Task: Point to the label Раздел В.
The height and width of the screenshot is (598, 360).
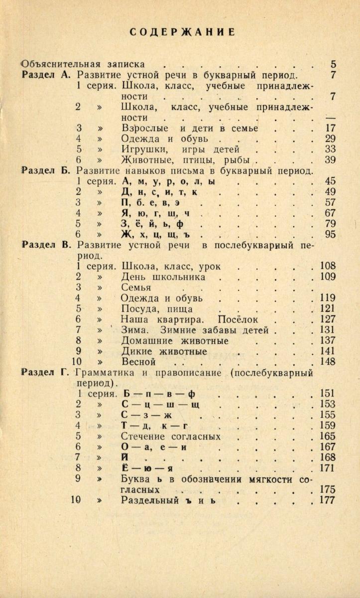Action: [x=48, y=245]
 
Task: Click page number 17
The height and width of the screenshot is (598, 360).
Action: [x=330, y=128]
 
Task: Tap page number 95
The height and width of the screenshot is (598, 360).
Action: [x=330, y=234]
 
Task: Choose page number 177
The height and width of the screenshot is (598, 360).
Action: [x=328, y=500]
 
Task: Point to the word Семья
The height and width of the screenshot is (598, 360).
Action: [x=136, y=287]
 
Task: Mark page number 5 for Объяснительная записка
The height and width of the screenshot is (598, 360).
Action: [x=333, y=64]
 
